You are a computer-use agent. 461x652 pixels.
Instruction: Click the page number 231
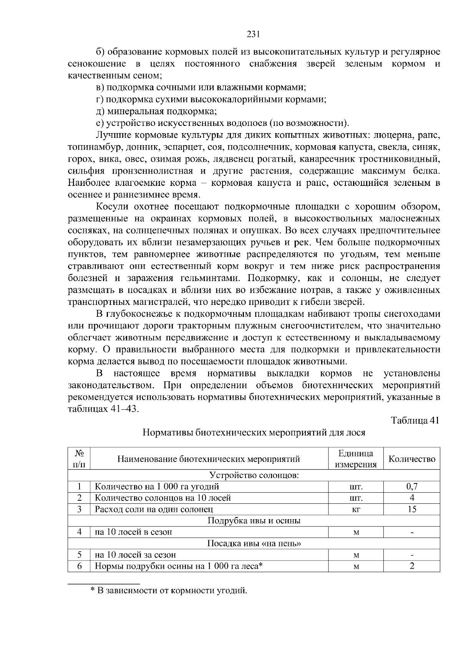click(x=254, y=34)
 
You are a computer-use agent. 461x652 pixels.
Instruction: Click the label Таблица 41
click(x=415, y=420)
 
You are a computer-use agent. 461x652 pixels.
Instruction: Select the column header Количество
click(x=412, y=459)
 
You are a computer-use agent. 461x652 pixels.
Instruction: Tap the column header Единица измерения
click(x=356, y=459)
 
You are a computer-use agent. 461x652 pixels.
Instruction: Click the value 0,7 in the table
click(x=412, y=487)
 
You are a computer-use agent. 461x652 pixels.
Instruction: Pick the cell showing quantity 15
click(x=412, y=509)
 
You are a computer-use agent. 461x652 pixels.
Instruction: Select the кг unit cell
click(x=356, y=509)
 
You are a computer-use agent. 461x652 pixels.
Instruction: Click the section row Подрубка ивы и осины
click(x=254, y=521)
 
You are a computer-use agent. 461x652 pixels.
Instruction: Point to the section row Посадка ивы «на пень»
click(x=254, y=543)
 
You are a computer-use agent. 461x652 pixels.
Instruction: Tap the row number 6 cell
click(x=80, y=566)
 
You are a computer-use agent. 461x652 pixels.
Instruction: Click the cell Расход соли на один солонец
click(x=154, y=509)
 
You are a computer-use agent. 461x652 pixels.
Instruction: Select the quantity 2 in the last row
click(x=412, y=566)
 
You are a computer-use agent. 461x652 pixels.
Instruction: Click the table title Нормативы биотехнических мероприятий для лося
click(x=254, y=433)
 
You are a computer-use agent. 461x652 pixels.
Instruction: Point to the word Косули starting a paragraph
click(x=112, y=207)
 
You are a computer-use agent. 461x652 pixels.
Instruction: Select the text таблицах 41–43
click(x=103, y=409)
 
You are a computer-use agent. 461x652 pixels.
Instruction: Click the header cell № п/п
click(x=80, y=459)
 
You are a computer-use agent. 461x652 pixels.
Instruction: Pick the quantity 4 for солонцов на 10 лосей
click(x=412, y=498)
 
